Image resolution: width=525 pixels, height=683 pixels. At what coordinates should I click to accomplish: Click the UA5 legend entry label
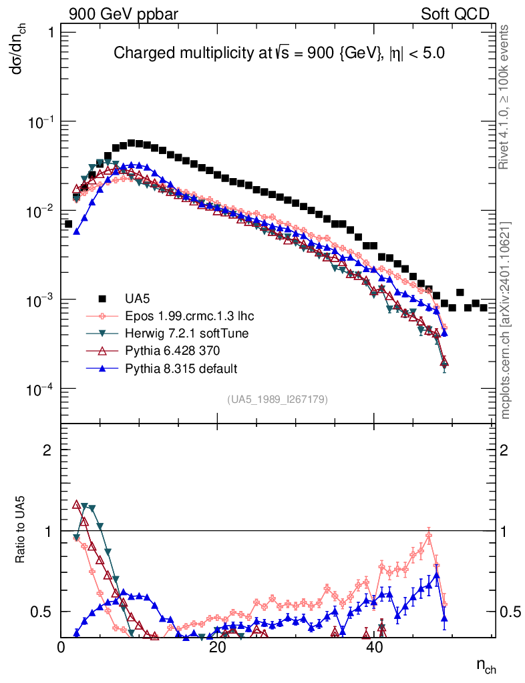(x=137, y=299)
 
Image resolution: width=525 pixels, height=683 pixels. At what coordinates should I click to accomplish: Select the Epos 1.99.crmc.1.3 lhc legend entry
(x=189, y=315)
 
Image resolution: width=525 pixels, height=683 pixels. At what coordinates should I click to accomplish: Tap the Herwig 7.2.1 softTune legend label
(x=186, y=333)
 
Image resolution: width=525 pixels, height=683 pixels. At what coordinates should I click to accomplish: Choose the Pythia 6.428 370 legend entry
(x=172, y=351)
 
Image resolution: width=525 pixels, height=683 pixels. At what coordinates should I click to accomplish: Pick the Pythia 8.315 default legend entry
(x=181, y=369)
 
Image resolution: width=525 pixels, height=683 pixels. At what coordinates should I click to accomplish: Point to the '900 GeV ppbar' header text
(x=124, y=15)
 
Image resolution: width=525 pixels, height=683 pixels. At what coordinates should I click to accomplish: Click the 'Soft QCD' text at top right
(x=455, y=15)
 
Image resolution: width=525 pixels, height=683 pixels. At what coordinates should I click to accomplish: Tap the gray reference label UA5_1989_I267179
(x=277, y=400)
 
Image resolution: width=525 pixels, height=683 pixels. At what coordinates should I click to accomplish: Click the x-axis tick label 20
(x=217, y=647)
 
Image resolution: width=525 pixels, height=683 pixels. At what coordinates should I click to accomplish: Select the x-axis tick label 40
(x=373, y=647)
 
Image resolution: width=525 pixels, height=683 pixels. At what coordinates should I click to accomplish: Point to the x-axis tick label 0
(x=61, y=647)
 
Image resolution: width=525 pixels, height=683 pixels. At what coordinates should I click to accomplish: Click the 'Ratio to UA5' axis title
(x=19, y=530)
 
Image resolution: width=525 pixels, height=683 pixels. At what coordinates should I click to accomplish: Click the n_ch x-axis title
(x=486, y=666)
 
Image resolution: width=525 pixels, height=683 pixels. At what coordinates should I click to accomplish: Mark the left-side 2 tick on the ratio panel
(x=47, y=450)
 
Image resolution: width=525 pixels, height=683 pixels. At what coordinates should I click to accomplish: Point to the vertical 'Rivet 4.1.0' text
(x=504, y=97)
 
